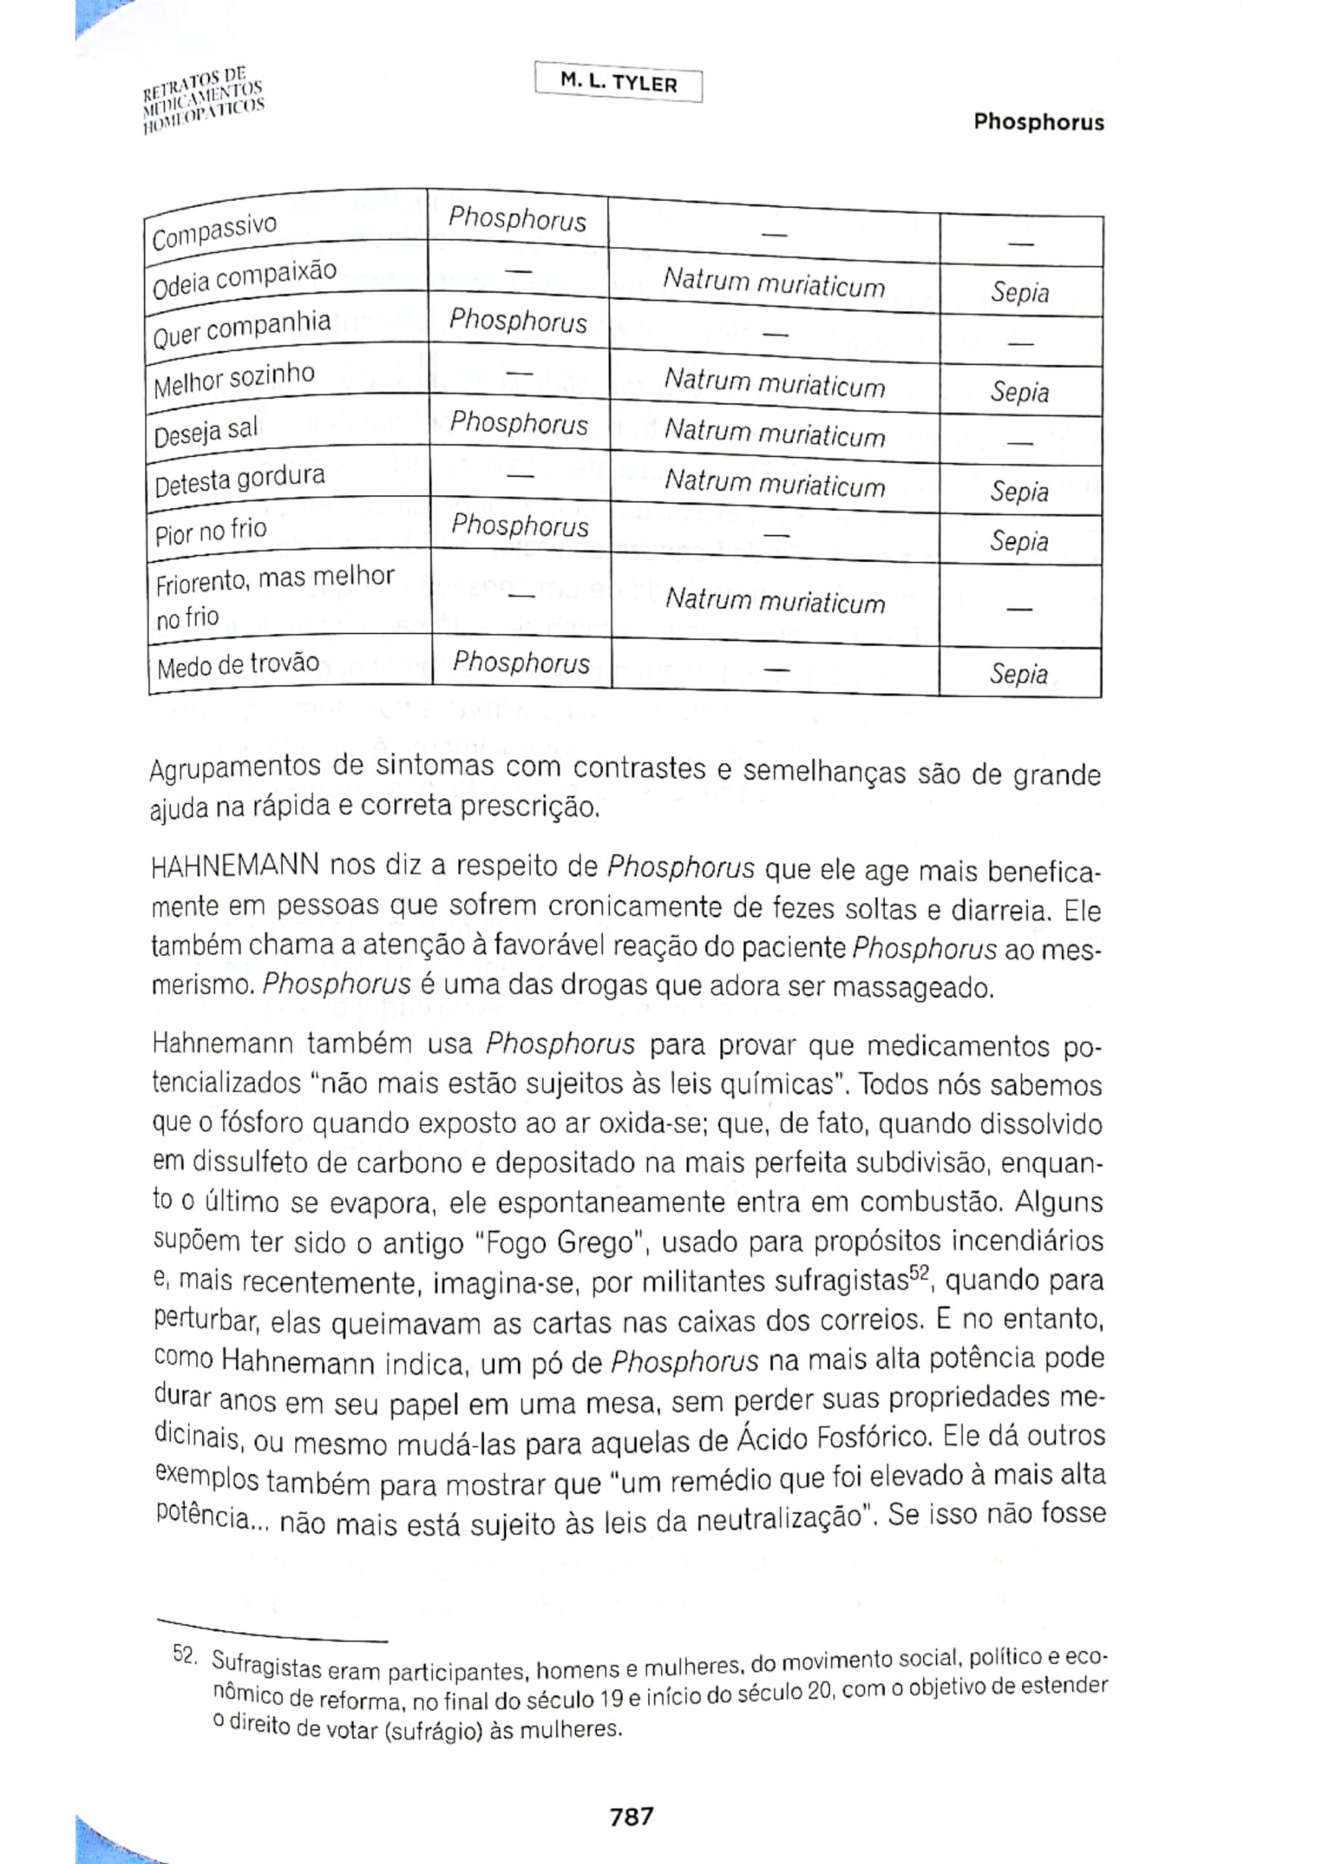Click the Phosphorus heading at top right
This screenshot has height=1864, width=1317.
click(x=1038, y=122)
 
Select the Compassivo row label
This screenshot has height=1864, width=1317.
click(x=214, y=231)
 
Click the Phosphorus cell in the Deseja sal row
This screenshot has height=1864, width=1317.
click(x=518, y=423)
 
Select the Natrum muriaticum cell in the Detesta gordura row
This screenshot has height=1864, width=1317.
click(x=774, y=484)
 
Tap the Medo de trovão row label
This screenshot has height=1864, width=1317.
click(x=238, y=666)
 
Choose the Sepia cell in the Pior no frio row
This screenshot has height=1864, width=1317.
click(x=1019, y=541)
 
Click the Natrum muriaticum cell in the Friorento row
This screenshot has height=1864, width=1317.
click(x=774, y=601)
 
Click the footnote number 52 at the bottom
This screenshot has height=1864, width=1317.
click(x=183, y=1653)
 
